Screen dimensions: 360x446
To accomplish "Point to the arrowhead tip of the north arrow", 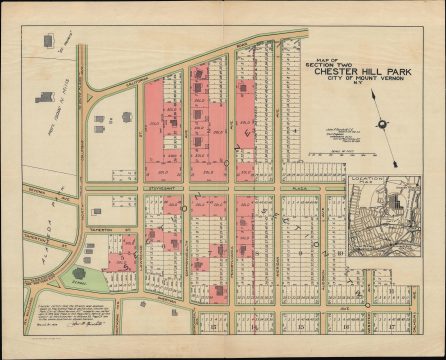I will pos(372,92).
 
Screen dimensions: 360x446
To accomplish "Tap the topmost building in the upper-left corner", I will pos(45,44).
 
